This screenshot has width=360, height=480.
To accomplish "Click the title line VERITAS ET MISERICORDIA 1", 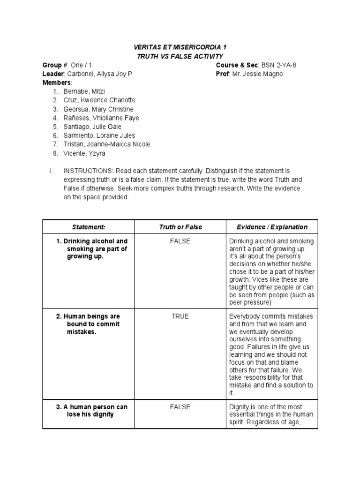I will pyautogui.click(x=180, y=48).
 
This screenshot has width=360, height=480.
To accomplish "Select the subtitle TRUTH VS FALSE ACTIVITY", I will pyautogui.click(x=180, y=56).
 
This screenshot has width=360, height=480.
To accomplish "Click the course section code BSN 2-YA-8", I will pyautogui.click(x=277, y=65).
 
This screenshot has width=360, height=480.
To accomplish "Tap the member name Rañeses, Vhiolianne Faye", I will pyautogui.click(x=101, y=118).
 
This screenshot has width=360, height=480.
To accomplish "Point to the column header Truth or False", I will pyautogui.click(x=180, y=227).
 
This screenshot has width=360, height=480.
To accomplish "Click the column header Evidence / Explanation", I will pyautogui.click(x=272, y=227).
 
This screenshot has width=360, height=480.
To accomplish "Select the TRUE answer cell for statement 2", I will pyautogui.click(x=180, y=316).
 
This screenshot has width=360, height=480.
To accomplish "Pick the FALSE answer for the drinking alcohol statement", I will pyautogui.click(x=180, y=241).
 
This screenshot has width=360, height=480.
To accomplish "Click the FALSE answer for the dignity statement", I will pyautogui.click(x=180, y=407).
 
